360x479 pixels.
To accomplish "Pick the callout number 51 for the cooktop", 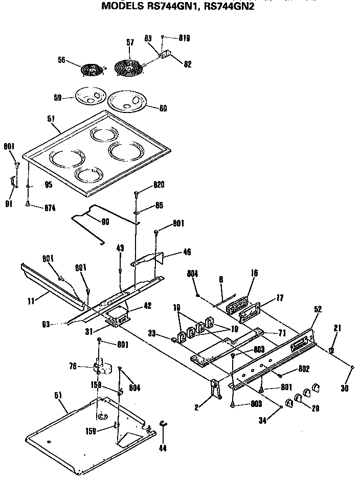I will (x=51, y=119).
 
